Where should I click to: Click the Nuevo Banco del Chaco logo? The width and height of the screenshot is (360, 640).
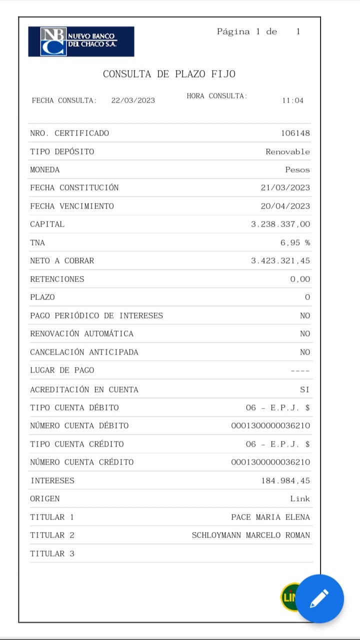tap(81, 41)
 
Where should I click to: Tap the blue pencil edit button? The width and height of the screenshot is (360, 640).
tap(319, 598)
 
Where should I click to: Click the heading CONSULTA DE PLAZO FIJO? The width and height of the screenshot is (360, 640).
tap(169, 74)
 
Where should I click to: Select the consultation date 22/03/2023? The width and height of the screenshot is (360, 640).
tap(133, 100)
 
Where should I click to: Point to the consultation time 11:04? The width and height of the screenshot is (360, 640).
tap(292, 100)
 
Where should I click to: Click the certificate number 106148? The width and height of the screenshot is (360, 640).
tap(295, 133)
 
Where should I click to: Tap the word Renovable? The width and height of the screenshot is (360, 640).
tap(287, 151)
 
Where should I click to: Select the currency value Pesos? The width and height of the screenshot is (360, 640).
tap(297, 169)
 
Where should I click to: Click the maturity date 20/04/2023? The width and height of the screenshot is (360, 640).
tap(285, 206)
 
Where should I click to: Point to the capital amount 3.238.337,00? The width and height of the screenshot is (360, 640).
tap(280, 224)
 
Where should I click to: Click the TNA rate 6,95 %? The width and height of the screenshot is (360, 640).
tap(295, 242)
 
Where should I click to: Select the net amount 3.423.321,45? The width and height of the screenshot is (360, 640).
tap(280, 260)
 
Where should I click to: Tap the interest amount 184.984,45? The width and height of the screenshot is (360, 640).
tap(285, 480)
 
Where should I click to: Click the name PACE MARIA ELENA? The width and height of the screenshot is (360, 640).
tap(270, 517)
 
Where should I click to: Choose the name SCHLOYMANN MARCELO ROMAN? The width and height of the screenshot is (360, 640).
tap(251, 535)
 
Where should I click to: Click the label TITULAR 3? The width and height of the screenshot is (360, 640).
tap(52, 553)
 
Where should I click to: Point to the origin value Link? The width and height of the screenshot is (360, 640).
tap(300, 498)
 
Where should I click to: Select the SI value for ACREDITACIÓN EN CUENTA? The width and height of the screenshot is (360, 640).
tap(305, 389)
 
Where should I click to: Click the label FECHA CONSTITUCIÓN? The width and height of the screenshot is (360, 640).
tap(74, 187)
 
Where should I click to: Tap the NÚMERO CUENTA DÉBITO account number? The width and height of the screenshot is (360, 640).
tap(270, 425)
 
